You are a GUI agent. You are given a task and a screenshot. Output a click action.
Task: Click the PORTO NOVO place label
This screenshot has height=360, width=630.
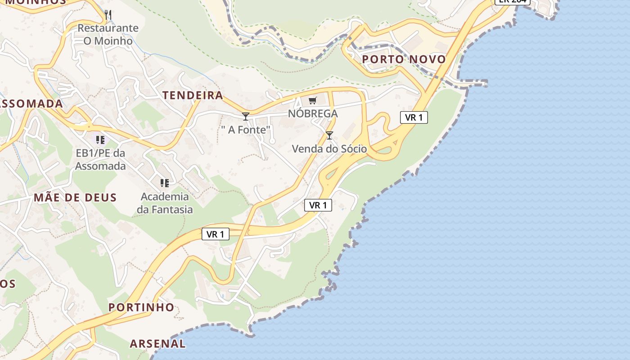404,59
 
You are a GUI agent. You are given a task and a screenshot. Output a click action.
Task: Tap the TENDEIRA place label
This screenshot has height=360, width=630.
193,95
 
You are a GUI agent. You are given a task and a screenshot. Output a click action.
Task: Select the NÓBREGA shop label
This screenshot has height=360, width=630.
313,113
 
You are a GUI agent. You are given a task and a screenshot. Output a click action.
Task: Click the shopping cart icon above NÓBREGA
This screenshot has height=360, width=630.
312,100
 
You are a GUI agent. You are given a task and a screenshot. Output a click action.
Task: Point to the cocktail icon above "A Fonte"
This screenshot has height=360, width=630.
246,117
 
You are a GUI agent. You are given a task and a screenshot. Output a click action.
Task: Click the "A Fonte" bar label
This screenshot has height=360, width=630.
246,130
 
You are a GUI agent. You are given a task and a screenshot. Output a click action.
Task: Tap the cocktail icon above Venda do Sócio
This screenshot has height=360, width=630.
329,135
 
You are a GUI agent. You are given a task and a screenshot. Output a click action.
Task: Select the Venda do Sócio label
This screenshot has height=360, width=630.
329,148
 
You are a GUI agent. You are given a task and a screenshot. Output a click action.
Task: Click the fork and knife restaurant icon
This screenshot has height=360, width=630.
108,15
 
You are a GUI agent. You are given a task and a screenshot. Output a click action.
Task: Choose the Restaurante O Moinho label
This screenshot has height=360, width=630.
108,34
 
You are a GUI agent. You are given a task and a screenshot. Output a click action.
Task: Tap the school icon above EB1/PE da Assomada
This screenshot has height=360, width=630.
100,139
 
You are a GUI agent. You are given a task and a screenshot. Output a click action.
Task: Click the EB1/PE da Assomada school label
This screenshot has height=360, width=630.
100,159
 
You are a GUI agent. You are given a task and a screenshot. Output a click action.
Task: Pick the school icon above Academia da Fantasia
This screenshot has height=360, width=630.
165,183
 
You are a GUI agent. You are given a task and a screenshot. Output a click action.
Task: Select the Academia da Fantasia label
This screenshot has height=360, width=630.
165,203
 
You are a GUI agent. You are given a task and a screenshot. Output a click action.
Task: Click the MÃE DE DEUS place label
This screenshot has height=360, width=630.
75,197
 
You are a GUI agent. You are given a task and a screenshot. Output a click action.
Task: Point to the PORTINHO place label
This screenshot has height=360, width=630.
141,307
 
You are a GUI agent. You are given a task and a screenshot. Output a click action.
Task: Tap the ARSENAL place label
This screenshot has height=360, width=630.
157,344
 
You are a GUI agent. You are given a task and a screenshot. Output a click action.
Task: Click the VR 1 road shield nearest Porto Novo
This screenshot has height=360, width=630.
414,117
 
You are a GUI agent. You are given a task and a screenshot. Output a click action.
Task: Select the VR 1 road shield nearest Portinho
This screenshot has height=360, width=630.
215,234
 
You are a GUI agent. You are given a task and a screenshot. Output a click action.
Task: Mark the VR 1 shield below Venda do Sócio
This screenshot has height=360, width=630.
318,205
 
